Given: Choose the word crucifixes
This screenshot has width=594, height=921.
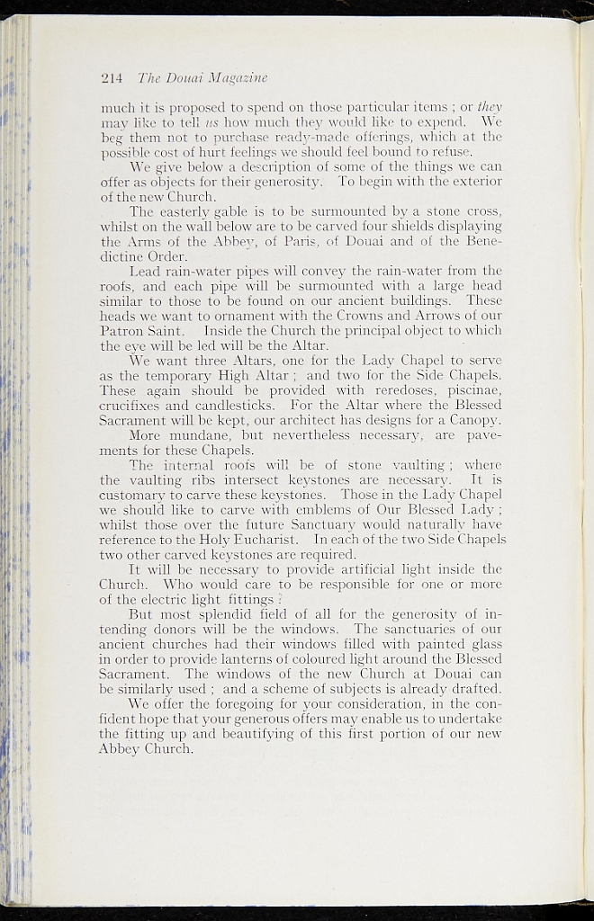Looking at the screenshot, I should point(134,406).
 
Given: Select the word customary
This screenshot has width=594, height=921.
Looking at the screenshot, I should point(136,496).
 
